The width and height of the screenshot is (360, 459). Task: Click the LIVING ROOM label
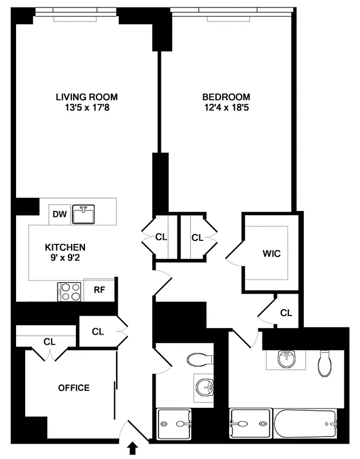tap(86, 96)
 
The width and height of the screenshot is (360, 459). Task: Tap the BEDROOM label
tap(227, 96)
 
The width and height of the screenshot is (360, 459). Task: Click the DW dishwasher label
tap(60, 215)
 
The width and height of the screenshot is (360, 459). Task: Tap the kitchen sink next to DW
tap(84, 215)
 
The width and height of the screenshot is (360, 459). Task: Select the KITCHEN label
tap(65, 247)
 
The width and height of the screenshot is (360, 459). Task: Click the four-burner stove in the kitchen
tap(69, 291)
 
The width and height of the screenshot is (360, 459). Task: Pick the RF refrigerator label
tap(99, 290)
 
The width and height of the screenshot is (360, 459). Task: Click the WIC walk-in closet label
tap(272, 253)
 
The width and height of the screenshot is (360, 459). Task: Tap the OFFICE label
tap(74, 388)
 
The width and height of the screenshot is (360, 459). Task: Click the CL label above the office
tap(49, 341)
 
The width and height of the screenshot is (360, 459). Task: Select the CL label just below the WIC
tap(286, 313)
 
